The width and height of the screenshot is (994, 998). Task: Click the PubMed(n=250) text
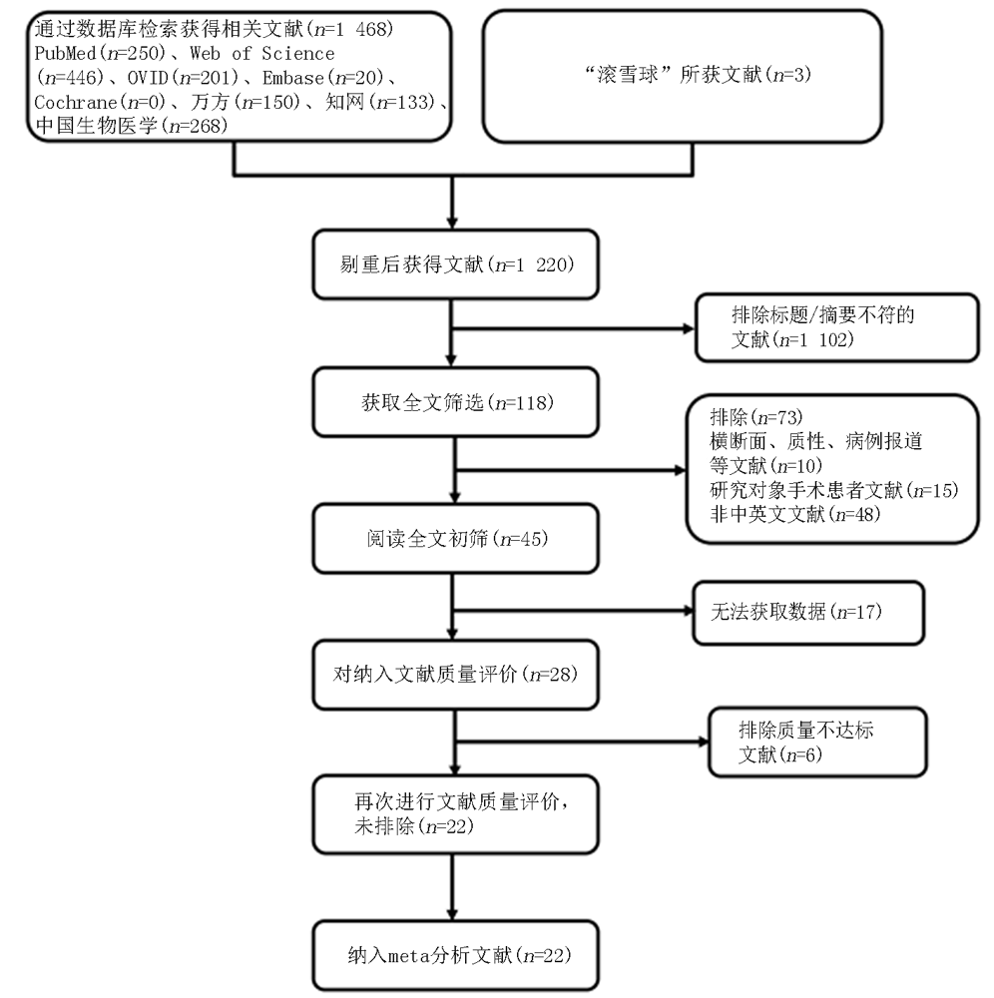pyautogui.click(x=100, y=53)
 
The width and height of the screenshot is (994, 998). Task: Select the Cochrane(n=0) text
pyautogui.click(x=100, y=102)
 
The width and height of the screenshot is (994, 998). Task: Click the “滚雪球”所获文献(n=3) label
pyautogui.click(x=698, y=75)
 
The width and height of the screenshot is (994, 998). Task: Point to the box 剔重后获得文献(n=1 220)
pyautogui.click(x=456, y=264)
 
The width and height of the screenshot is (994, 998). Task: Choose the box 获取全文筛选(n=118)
pyautogui.click(x=456, y=401)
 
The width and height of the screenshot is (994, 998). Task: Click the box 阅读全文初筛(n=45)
pyautogui.click(x=456, y=539)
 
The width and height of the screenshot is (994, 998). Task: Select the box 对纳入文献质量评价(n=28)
pyautogui.click(x=456, y=674)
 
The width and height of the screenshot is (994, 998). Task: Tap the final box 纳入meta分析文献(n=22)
pyautogui.click(x=456, y=955)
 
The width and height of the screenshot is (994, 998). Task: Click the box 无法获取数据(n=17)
pyautogui.click(x=808, y=613)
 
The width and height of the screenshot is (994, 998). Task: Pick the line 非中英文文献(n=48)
pyautogui.click(x=794, y=514)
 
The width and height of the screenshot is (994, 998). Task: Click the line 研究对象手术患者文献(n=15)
pyautogui.click(x=833, y=490)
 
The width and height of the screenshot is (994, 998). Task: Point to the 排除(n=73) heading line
pyautogui.click(x=756, y=417)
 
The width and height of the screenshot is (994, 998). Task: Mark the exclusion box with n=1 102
pyautogui.click(x=837, y=327)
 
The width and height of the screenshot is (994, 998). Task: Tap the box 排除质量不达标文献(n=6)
pyautogui.click(x=817, y=743)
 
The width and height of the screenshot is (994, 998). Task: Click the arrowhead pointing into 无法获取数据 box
pyautogui.click(x=688, y=611)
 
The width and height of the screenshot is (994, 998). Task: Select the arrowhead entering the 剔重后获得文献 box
pyautogui.click(x=452, y=224)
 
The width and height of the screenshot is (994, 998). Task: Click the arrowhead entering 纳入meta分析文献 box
pyautogui.click(x=452, y=914)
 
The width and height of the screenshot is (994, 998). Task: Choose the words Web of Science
pyautogui.click(x=262, y=53)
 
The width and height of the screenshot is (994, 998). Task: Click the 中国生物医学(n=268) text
pyautogui.click(x=131, y=126)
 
